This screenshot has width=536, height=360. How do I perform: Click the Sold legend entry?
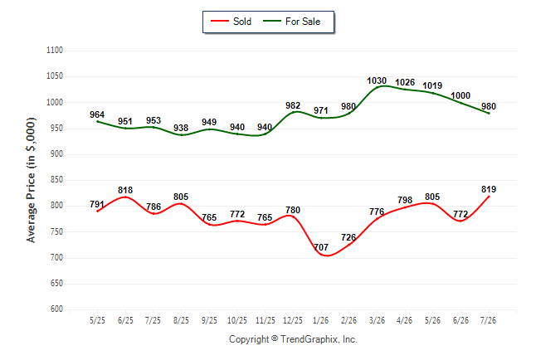(x=231, y=22)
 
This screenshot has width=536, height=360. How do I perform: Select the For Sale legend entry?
(x=291, y=22)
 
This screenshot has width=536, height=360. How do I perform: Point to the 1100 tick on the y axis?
(x=55, y=51)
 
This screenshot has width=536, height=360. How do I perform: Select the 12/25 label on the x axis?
(x=293, y=320)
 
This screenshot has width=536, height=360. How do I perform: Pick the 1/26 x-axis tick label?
(x=320, y=320)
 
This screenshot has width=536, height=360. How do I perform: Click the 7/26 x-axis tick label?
(x=488, y=320)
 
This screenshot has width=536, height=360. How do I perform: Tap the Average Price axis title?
(x=31, y=180)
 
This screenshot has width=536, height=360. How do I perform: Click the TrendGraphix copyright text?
(x=293, y=339)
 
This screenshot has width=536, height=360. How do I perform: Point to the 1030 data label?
(x=377, y=80)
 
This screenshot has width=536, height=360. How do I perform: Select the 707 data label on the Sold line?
(x=321, y=247)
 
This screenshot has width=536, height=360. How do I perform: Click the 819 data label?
(x=489, y=189)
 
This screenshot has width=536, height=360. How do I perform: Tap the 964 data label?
(x=97, y=114)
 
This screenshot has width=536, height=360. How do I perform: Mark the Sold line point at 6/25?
(x=125, y=197)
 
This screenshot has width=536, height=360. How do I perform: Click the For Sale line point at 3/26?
(x=377, y=88)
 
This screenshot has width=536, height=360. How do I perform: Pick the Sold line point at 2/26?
(x=349, y=244)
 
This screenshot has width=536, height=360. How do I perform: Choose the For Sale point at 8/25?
(x=181, y=135)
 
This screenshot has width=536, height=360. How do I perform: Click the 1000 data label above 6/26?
(x=460, y=95)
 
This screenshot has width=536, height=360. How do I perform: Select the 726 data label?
(x=348, y=237)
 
